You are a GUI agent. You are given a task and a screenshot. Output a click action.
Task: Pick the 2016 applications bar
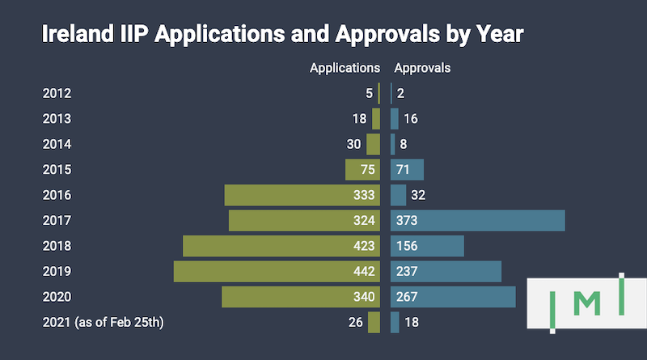(x=283, y=195)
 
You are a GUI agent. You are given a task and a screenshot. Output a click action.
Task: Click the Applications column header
(x=345, y=68)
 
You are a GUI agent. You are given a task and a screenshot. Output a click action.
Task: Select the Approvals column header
(x=421, y=68)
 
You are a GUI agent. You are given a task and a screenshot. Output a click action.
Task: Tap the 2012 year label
(x=57, y=93)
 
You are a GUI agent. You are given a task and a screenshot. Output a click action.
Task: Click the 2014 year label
(x=57, y=144)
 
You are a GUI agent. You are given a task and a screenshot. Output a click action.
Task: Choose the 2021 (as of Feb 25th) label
(x=102, y=323)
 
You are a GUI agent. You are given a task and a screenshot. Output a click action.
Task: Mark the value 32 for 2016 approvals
(x=418, y=195)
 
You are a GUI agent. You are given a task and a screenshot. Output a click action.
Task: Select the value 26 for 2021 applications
(x=354, y=323)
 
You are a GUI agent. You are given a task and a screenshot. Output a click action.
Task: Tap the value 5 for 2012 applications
(x=369, y=93)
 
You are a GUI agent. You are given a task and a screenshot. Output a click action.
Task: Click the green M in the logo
(x=592, y=303)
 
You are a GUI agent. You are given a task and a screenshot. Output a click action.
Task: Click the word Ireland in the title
(x=75, y=35)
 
